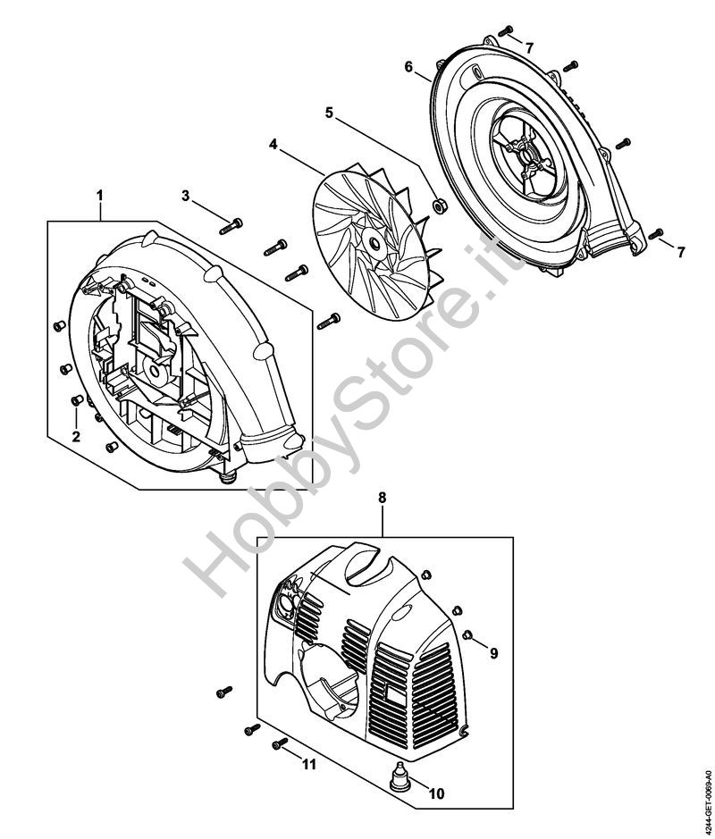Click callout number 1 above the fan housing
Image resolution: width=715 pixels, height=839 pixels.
99,196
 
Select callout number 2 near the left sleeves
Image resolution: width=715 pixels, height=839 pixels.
76,436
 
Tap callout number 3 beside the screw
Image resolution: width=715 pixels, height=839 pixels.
186,196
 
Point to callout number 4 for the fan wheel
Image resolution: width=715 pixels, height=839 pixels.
273,145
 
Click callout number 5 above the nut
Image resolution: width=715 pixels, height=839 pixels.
329,113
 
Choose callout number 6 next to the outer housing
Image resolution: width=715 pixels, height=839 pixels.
408,67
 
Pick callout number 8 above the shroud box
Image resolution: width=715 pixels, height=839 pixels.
382,498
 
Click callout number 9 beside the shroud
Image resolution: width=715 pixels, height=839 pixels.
494,653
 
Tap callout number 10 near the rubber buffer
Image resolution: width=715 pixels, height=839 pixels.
437,793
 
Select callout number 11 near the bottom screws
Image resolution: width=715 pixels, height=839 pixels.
309,765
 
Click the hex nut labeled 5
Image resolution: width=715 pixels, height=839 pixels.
439,206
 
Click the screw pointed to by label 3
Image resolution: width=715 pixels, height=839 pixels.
231,226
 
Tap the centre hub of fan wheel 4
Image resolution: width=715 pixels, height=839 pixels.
374,244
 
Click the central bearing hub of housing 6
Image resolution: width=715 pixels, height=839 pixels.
530,155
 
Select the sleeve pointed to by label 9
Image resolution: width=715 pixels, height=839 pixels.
467,634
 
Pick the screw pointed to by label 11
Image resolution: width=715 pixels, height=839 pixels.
280,743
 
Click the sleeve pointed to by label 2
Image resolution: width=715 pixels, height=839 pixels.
77,399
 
